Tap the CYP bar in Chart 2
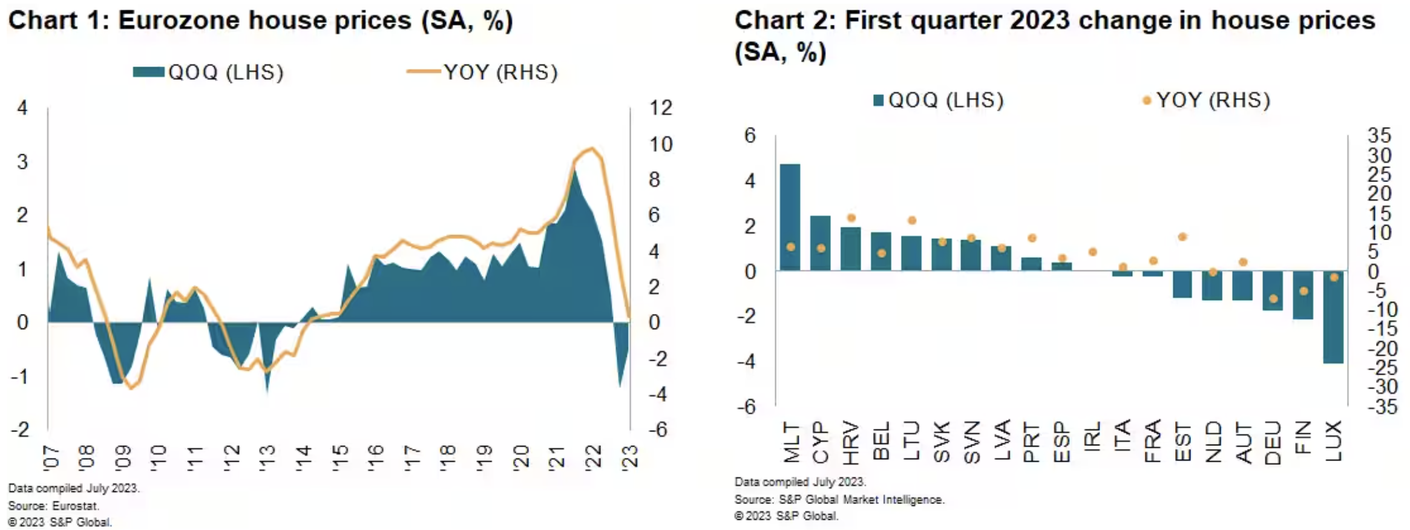820,243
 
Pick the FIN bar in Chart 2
1303,295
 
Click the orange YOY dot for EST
1182,237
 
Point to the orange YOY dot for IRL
1092,252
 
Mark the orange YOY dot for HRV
851,218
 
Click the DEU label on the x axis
1273,442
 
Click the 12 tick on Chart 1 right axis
661,108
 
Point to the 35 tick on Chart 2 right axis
1379,135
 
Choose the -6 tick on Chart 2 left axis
747,407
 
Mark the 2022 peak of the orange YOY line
591,148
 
